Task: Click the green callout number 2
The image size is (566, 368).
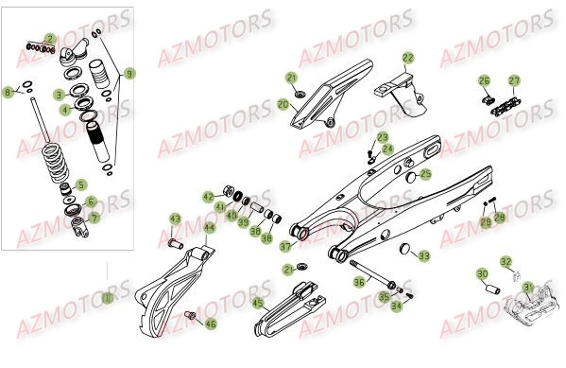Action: pyautogui.click(x=49, y=39)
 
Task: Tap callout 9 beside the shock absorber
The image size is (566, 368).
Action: pyautogui.click(x=130, y=71)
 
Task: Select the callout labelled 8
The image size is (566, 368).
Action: pyautogui.click(x=9, y=92)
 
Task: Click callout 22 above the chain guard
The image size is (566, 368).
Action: pyautogui.click(x=407, y=58)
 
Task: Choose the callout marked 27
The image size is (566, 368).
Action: pyautogui.click(x=514, y=80)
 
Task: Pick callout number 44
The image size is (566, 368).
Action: pyautogui.click(x=209, y=228)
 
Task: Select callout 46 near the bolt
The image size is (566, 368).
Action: pyautogui.click(x=211, y=324)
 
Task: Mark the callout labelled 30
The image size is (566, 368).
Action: pyautogui.click(x=482, y=275)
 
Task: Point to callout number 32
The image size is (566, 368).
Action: pyautogui.click(x=506, y=262)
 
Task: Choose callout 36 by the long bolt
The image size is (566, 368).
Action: pyautogui.click(x=359, y=281)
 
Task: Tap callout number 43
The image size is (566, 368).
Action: pyautogui.click(x=175, y=219)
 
